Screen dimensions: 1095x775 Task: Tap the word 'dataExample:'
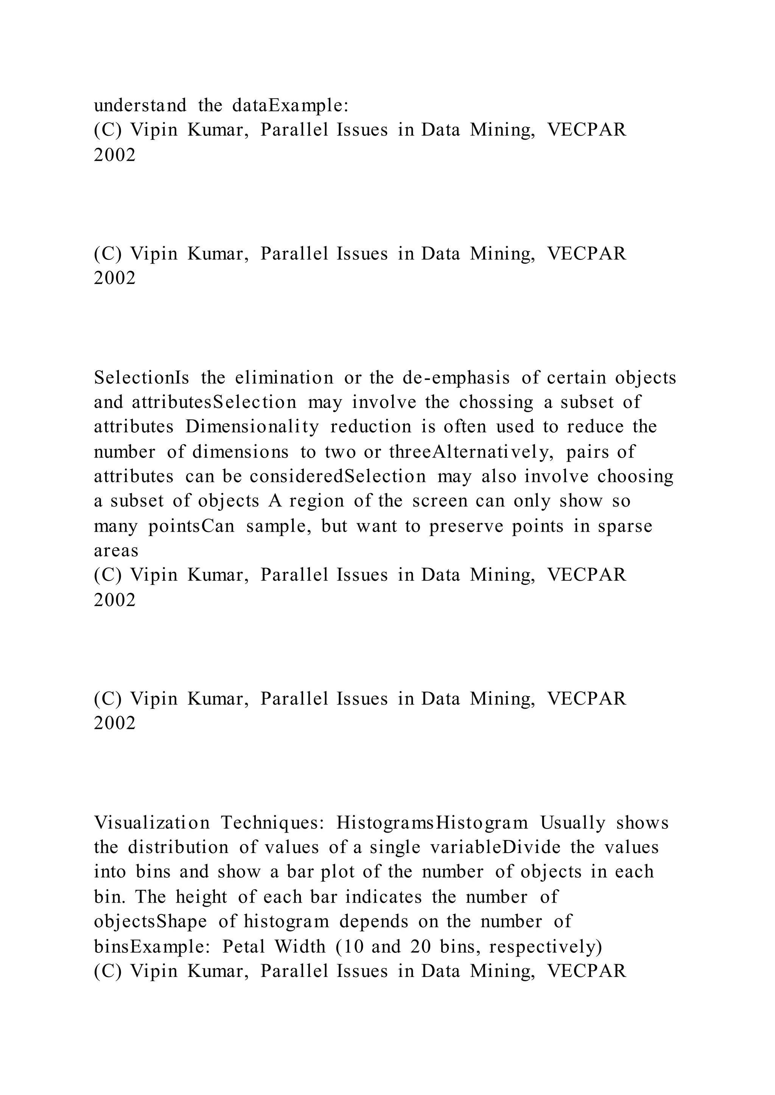click(291, 105)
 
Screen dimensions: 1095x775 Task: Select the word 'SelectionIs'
click(142, 378)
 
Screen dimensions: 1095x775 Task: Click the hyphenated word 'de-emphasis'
click(457, 378)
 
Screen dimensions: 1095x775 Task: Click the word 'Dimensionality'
click(252, 427)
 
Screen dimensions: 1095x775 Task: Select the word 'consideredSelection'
click(338, 476)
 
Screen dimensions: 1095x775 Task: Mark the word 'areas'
click(116, 551)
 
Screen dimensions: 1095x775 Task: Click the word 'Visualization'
click(152, 823)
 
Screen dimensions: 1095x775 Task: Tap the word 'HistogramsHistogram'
click(433, 823)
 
